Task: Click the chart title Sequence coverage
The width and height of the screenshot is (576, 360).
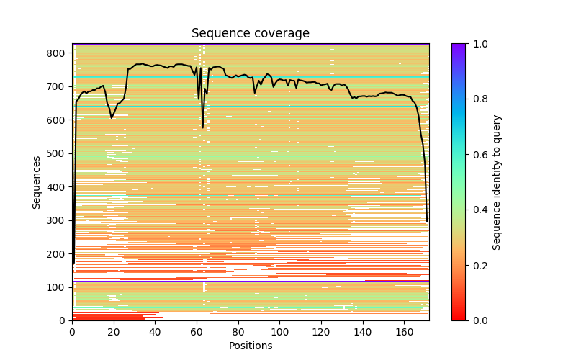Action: [x=251, y=33]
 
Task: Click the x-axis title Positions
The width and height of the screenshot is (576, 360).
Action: [x=251, y=346]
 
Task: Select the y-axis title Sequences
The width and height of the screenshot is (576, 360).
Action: [x=36, y=182]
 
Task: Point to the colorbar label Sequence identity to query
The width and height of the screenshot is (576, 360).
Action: [x=497, y=182]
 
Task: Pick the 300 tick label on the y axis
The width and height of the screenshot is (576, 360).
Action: [x=58, y=220]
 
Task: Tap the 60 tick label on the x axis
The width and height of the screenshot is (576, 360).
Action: [x=197, y=332]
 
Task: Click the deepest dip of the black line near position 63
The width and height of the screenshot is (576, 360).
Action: [x=202, y=127]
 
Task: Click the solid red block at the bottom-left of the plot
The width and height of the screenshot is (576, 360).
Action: [x=108, y=316]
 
